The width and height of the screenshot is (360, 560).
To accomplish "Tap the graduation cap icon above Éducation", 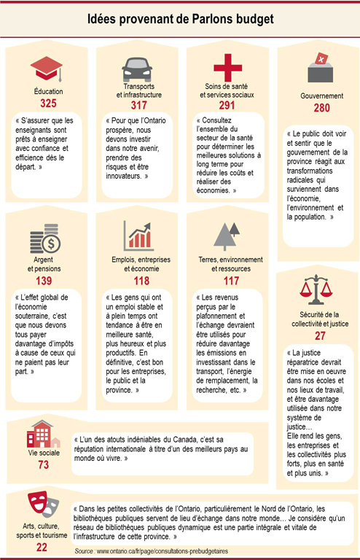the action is (46, 70).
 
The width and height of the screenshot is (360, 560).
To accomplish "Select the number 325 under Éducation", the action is (46, 104).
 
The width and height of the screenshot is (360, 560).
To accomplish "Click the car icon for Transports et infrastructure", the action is (137, 70).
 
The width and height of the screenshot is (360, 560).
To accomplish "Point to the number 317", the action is (137, 106).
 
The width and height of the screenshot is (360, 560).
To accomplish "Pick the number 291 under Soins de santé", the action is (227, 106).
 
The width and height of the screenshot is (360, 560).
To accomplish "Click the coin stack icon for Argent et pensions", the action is (45, 238).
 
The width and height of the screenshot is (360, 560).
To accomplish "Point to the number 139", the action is (45, 281).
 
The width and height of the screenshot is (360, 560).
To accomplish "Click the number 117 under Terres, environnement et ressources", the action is (227, 281).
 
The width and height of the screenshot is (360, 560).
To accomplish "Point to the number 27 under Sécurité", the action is (320, 335).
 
